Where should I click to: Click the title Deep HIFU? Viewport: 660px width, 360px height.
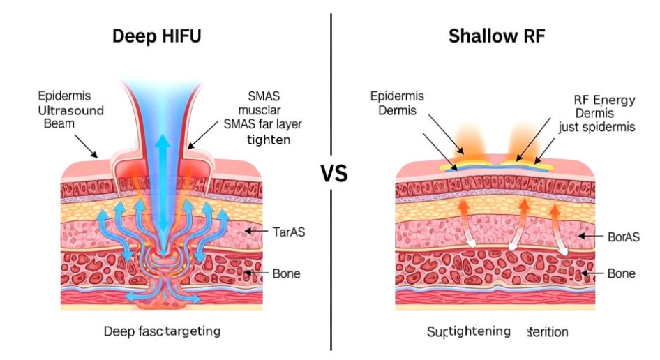point(157,36)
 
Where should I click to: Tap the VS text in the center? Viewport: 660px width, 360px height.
point(334,174)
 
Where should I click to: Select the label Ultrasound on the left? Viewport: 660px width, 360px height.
point(70,110)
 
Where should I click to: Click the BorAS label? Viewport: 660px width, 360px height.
point(622,237)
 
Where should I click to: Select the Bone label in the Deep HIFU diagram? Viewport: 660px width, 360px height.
point(286,273)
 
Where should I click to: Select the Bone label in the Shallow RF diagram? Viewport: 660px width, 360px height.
point(621,273)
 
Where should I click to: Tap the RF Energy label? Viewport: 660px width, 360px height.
point(604,100)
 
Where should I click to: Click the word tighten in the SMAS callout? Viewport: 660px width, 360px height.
point(269,140)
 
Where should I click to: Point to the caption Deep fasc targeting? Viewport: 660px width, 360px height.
point(162,331)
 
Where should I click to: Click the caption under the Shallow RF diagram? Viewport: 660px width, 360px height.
point(497,331)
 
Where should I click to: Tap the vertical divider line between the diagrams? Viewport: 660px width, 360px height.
point(331,279)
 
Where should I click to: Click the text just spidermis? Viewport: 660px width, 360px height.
point(597,128)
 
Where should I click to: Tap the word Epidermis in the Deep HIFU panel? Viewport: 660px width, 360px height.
point(65,96)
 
